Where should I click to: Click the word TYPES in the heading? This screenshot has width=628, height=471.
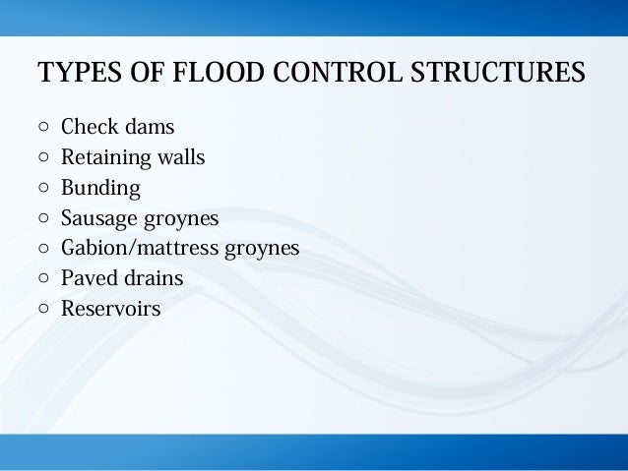coord(70,74)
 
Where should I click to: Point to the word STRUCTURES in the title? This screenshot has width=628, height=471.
coord(480,74)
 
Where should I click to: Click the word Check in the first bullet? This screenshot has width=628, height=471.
coord(89,127)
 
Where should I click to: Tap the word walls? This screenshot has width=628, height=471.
coord(182,157)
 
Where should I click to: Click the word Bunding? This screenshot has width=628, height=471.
coord(100,188)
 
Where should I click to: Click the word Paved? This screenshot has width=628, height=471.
coord(88,278)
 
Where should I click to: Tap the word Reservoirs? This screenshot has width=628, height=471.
coord(110,309)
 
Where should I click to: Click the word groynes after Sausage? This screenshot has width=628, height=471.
coord(183,218)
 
